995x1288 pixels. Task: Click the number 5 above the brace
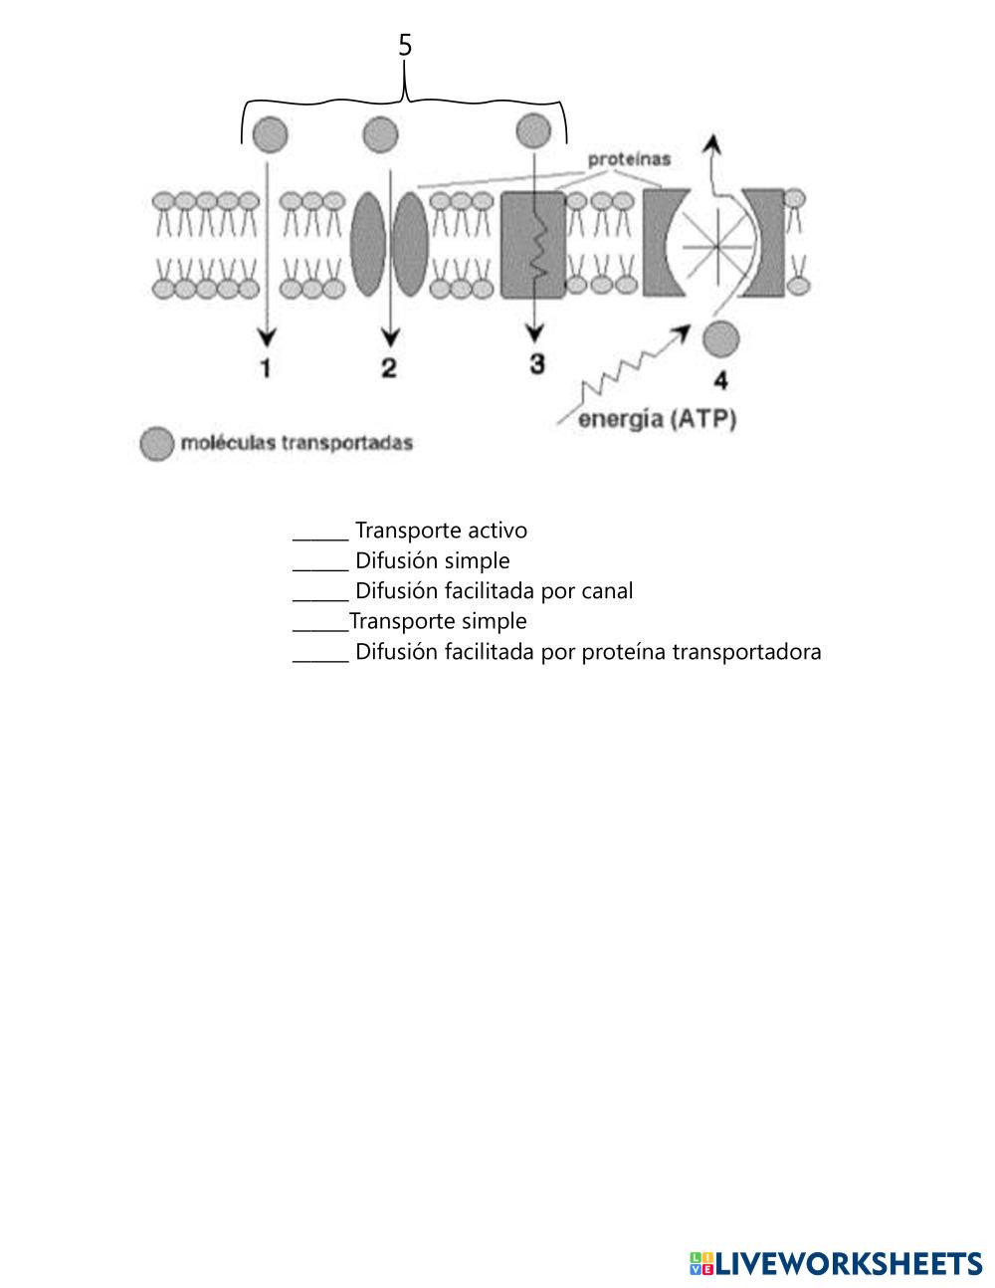point(405,46)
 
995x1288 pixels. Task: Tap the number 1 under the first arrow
point(266,368)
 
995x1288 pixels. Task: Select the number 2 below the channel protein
point(389,368)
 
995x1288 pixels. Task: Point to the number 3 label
point(537,364)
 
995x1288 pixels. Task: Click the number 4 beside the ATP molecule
point(720,380)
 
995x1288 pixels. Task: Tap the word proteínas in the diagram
point(629,158)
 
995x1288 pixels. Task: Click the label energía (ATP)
point(658,419)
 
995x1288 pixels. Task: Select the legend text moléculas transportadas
point(296,443)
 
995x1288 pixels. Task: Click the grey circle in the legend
point(156,444)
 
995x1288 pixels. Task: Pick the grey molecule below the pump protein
point(720,339)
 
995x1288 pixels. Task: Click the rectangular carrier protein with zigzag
point(532,245)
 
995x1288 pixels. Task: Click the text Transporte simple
point(438,621)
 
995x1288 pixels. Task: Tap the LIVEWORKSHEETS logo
point(836,1263)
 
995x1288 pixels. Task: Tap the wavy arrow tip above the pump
point(710,142)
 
